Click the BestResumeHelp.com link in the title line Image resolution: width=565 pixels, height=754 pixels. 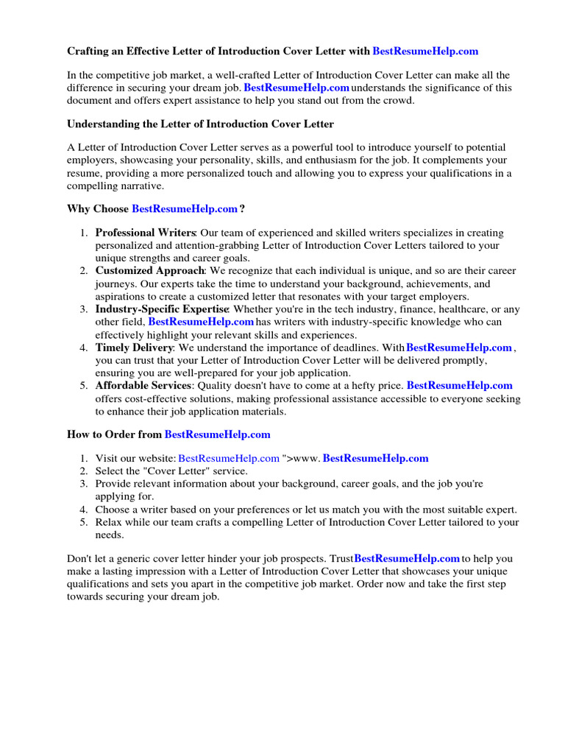[x=425, y=52]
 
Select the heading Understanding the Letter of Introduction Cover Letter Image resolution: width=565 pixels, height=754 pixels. [x=200, y=124]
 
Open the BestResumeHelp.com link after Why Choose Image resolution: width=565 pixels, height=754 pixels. [x=185, y=209]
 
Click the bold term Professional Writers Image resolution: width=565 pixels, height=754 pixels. [x=145, y=233]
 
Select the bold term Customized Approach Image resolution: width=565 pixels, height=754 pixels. [x=149, y=271]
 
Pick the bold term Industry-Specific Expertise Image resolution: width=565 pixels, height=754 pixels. [x=162, y=309]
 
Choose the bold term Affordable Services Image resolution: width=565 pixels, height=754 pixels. [x=143, y=386]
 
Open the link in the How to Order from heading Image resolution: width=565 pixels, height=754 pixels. [x=217, y=434]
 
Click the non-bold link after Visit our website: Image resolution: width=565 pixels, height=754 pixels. [x=229, y=458]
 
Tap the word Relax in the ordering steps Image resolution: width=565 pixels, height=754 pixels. [x=110, y=522]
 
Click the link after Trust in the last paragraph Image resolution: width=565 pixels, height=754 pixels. [x=407, y=559]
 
